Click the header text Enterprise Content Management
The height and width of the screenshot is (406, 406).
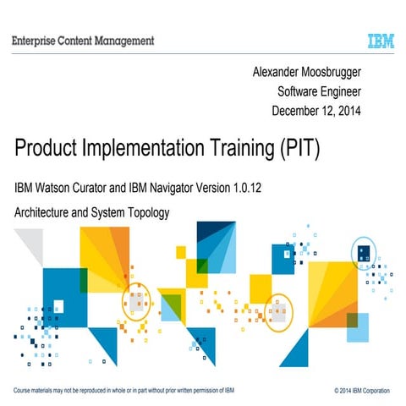[x=83, y=40]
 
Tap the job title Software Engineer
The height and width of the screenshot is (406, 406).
[x=319, y=92]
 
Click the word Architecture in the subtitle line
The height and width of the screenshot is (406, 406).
[x=43, y=212]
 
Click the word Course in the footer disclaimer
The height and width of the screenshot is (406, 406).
[x=25, y=390]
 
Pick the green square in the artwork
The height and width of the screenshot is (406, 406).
[x=172, y=303]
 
